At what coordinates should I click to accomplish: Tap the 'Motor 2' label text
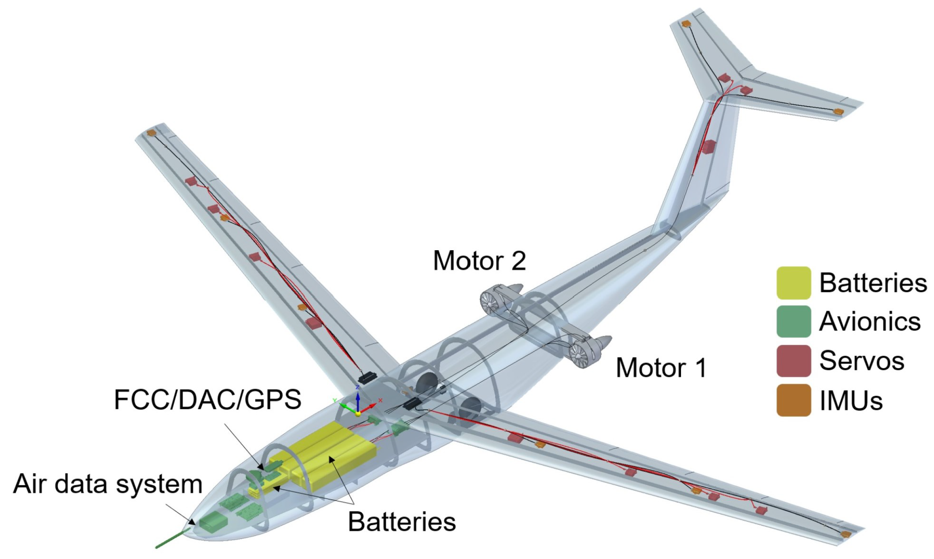tap(479, 261)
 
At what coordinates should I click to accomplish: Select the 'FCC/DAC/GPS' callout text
tap(208, 400)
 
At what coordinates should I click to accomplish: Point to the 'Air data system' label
tap(108, 484)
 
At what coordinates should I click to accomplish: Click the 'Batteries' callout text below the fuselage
tap(402, 521)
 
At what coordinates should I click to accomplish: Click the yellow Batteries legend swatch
tap(794, 283)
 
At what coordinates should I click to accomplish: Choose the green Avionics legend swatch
tap(794, 321)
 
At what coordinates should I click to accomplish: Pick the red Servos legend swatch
tap(794, 360)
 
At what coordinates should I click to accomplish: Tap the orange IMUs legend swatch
tap(794, 400)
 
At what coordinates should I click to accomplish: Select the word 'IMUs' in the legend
tap(851, 400)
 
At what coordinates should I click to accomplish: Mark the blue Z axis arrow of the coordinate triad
tap(358, 399)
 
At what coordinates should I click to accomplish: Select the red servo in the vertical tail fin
tap(708, 147)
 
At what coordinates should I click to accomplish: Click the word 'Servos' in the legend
tap(862, 360)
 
